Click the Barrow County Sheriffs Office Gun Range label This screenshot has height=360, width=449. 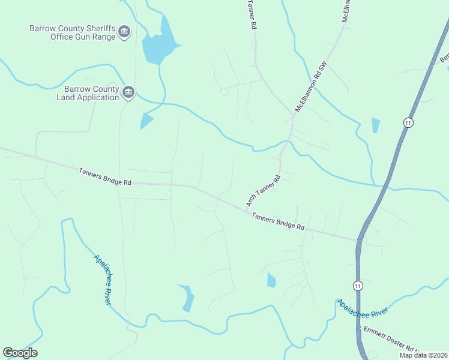72,32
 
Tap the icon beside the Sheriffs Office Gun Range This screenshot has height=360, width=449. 124,32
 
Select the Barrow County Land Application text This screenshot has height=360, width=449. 88,93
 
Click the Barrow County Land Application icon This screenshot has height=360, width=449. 128,92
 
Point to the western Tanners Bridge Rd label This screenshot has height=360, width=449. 104,176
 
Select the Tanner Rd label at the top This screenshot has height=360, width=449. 252,15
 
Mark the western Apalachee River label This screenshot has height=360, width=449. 103,280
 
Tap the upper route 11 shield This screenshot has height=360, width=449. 408,123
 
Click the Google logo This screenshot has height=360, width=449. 20,353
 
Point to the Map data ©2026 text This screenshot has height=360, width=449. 423,355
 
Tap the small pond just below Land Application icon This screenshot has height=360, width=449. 145,121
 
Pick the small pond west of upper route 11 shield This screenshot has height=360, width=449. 376,125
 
